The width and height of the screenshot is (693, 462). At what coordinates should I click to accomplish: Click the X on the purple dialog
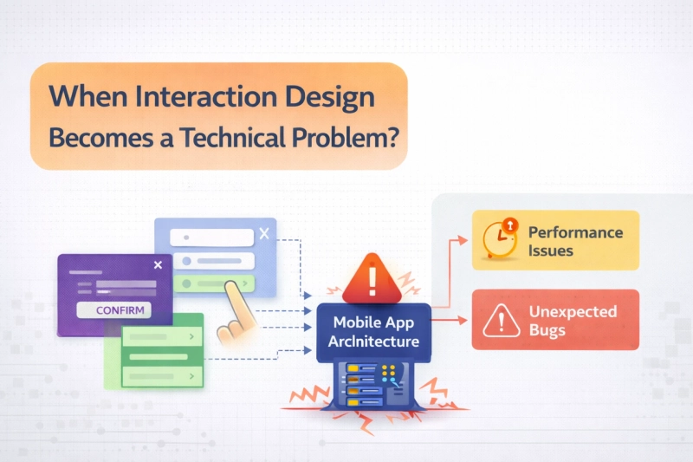pyautogui.click(x=157, y=266)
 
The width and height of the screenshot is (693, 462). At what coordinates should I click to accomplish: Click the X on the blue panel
pyautogui.click(x=264, y=232)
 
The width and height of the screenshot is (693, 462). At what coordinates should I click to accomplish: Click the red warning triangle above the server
pyautogui.click(x=372, y=277)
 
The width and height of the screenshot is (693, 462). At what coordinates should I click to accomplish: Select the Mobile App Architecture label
pyautogui.click(x=373, y=331)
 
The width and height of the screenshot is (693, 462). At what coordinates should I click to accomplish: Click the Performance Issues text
pyautogui.click(x=575, y=241)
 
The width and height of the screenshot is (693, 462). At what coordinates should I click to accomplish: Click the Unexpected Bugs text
pyautogui.click(x=573, y=320)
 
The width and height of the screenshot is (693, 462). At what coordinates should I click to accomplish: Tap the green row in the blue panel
pyautogui.click(x=213, y=283)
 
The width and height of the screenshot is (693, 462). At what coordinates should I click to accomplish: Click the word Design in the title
pyautogui.click(x=333, y=96)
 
